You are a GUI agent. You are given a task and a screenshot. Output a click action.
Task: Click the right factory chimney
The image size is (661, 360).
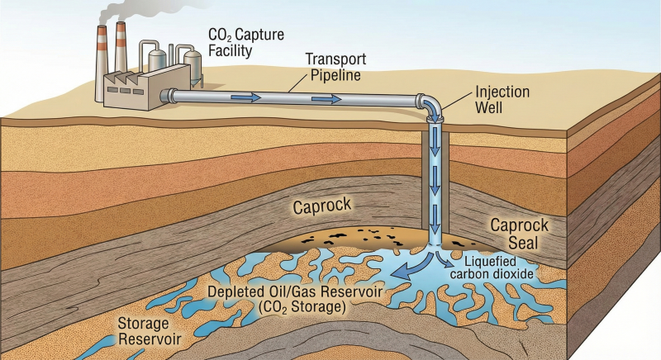[121, 48]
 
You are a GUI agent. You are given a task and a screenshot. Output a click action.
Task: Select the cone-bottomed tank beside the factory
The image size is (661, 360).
[193, 66]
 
